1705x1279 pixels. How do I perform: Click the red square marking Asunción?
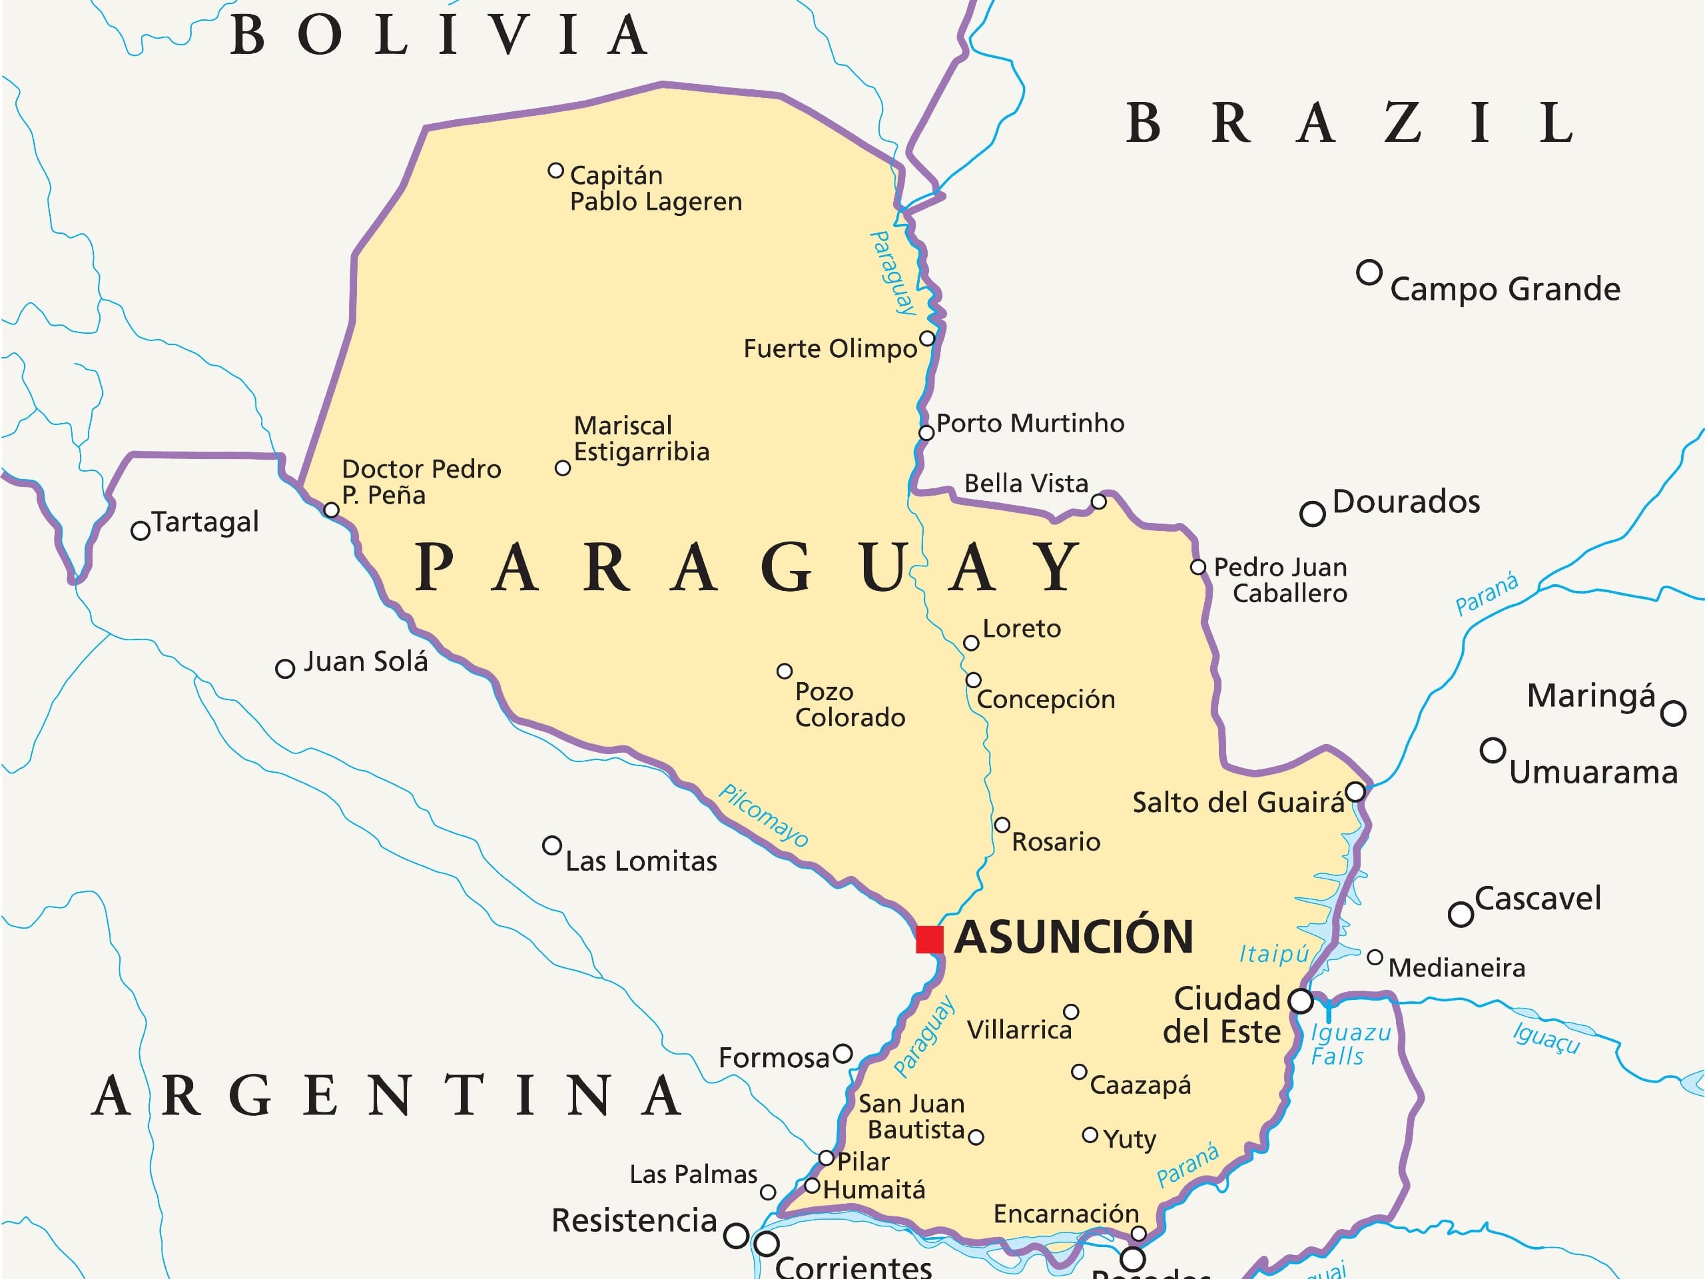pyautogui.click(x=929, y=940)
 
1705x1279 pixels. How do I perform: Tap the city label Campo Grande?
pyautogui.click(x=1505, y=289)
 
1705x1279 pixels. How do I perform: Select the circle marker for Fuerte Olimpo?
pyautogui.click(x=927, y=338)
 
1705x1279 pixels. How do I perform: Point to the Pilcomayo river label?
pyautogui.click(x=763, y=815)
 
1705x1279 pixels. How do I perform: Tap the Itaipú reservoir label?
pyautogui.click(x=1273, y=954)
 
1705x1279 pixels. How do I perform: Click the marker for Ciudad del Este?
pyautogui.click(x=1300, y=1001)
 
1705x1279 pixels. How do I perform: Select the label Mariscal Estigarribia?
pyautogui.click(x=641, y=439)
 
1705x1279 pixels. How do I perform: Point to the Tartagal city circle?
pyautogui.click(x=141, y=530)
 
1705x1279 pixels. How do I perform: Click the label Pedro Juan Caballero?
pyautogui.click(x=1280, y=580)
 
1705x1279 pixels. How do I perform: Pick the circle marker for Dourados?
pyautogui.click(x=1312, y=514)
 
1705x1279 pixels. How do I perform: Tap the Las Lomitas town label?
pyautogui.click(x=641, y=861)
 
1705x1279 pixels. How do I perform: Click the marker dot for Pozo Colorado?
pyautogui.click(x=784, y=671)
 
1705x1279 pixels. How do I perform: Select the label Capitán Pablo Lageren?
pyautogui.click(x=655, y=188)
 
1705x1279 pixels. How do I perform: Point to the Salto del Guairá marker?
pyautogui.click(x=1355, y=792)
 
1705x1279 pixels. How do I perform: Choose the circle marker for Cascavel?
pyautogui.click(x=1460, y=915)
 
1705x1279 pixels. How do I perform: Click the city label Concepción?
pyautogui.click(x=1045, y=699)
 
